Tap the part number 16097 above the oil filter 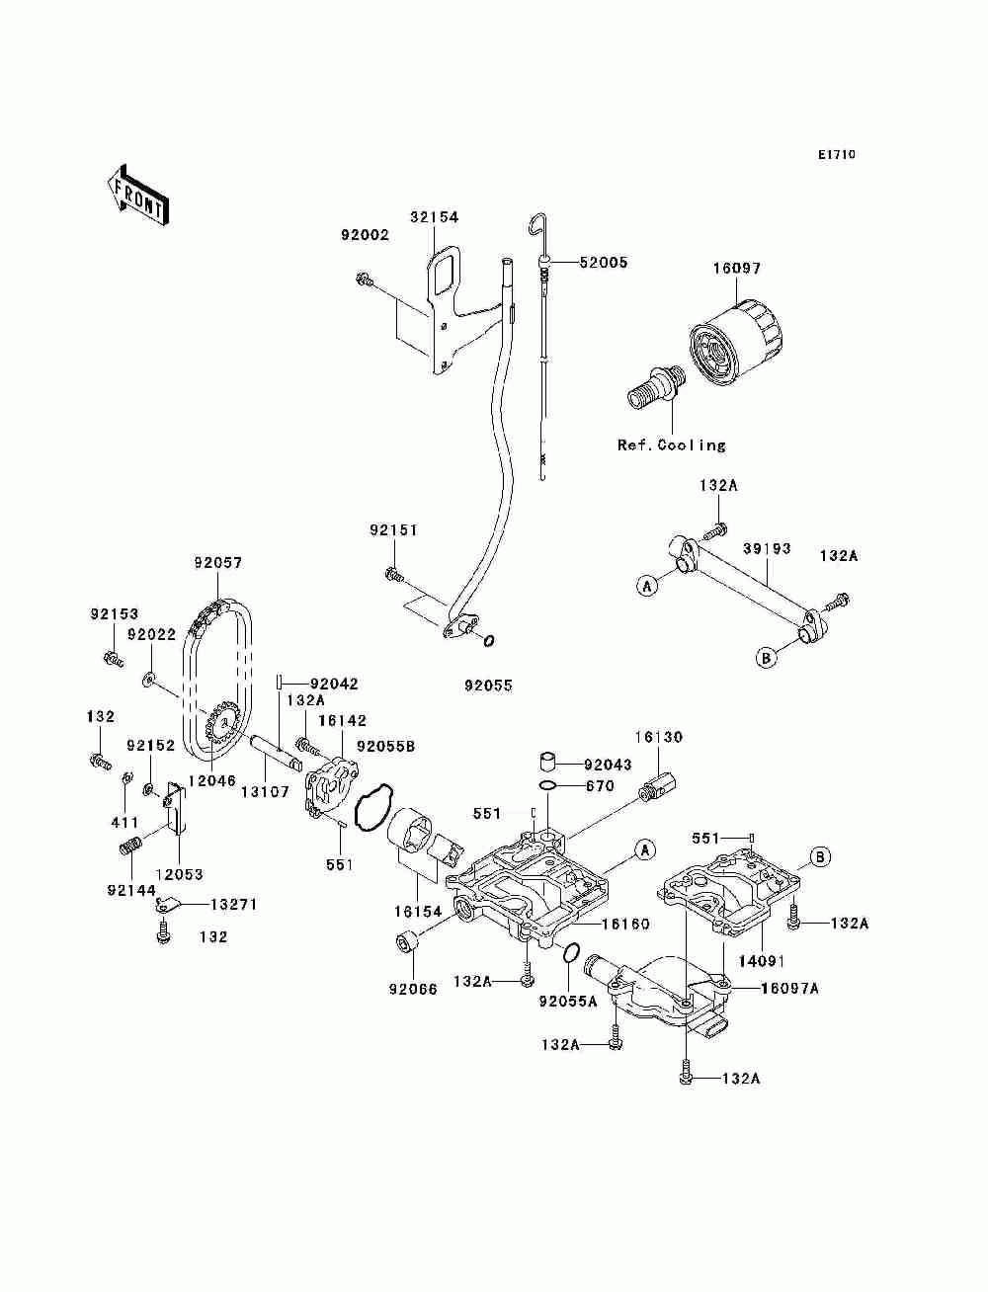pyautogui.click(x=737, y=268)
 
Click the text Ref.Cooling pyautogui.click(x=671, y=445)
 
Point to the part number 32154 pyautogui.click(x=435, y=217)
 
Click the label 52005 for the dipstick pyautogui.click(x=603, y=263)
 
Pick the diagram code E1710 pyautogui.click(x=836, y=155)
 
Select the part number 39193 pyautogui.click(x=767, y=548)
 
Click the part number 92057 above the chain pyautogui.click(x=217, y=563)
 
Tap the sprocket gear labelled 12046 pyautogui.click(x=222, y=732)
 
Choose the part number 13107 pyautogui.click(x=265, y=791)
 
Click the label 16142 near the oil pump pyautogui.click(x=342, y=721)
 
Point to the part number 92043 pyautogui.click(x=608, y=765)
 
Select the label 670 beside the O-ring pyautogui.click(x=600, y=786)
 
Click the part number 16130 pyautogui.click(x=658, y=737)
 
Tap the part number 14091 pyautogui.click(x=760, y=959)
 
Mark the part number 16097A pyautogui.click(x=789, y=988)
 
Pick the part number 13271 pyautogui.click(x=234, y=904)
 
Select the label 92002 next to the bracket pyautogui.click(x=365, y=236)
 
